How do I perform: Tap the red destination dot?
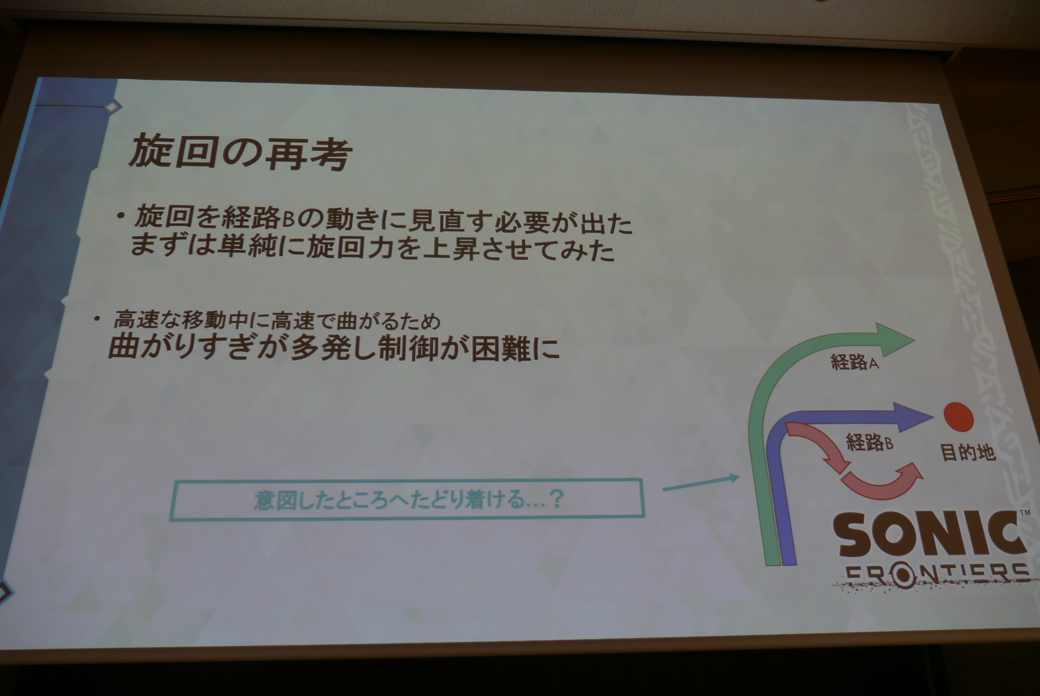(958, 417)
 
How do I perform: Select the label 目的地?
(968, 453)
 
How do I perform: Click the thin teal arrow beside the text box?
(701, 484)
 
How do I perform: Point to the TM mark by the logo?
(1024, 513)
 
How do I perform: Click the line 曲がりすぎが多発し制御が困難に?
(334, 348)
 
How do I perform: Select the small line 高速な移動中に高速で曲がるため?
(277, 321)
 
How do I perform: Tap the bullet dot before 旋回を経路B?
(120, 216)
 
